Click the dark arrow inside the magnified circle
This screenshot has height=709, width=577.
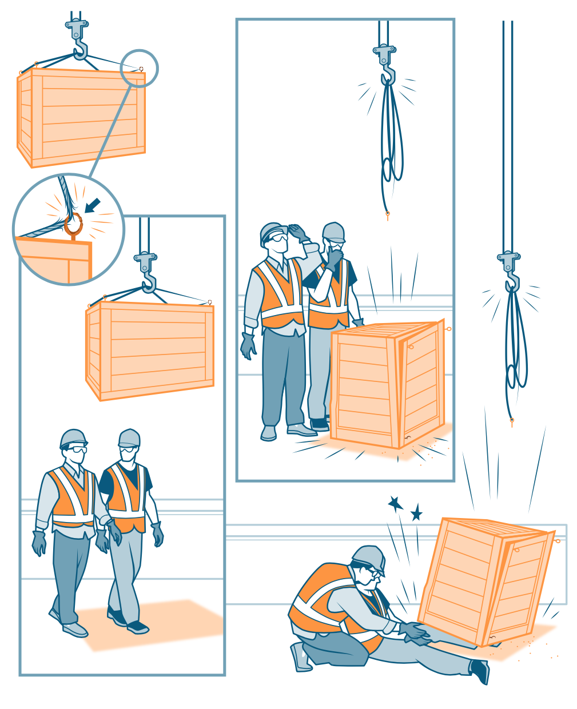tap(92, 205)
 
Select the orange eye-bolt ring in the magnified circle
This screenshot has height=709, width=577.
tap(74, 225)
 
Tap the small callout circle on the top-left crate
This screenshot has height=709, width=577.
tap(139, 69)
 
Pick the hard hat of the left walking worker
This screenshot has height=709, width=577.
tap(73, 439)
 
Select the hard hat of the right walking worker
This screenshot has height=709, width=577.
tap(129, 438)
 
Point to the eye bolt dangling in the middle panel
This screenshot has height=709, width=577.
tap(387, 216)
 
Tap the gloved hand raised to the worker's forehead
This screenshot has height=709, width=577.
tap(298, 233)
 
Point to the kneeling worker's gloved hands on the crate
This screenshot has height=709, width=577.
tap(413, 631)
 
